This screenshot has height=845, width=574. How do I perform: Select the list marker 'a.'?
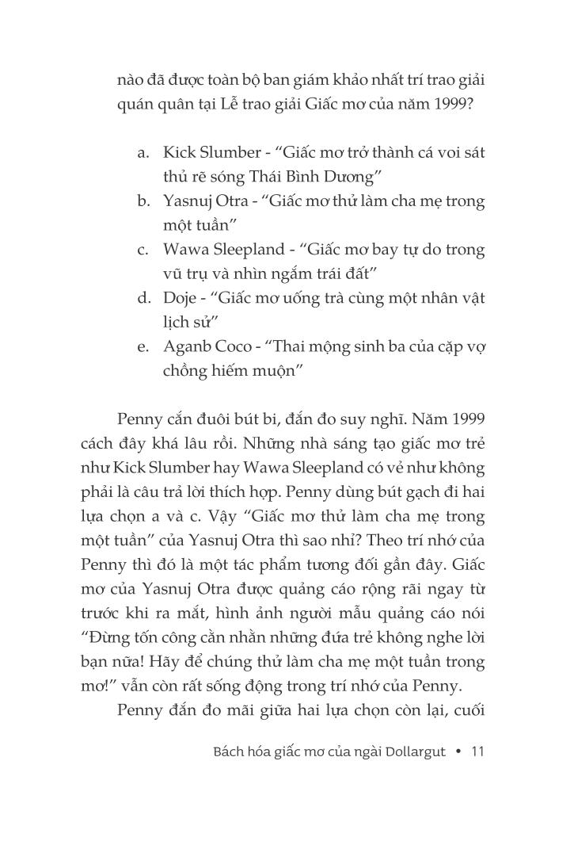pyautogui.click(x=144, y=151)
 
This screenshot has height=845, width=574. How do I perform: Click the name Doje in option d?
pyautogui.click(x=181, y=298)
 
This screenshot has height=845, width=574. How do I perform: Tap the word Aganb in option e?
pyautogui.click(x=186, y=347)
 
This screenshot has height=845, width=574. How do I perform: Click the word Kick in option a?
pyautogui.click(x=178, y=151)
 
